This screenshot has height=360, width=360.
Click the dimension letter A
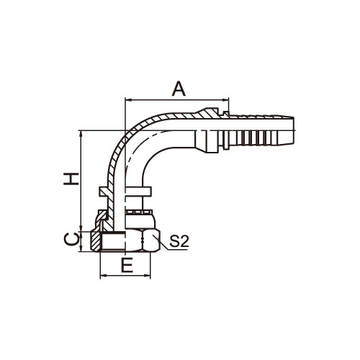179,89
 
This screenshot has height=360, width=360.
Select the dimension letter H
71,179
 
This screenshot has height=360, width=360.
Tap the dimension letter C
71,239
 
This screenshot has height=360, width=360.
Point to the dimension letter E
127,266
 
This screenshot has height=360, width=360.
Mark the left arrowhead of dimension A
128,99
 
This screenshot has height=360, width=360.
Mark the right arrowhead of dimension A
226,99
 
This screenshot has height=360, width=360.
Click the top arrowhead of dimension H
82,134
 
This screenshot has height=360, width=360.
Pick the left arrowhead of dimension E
103,276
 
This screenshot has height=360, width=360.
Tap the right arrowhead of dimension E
148,276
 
